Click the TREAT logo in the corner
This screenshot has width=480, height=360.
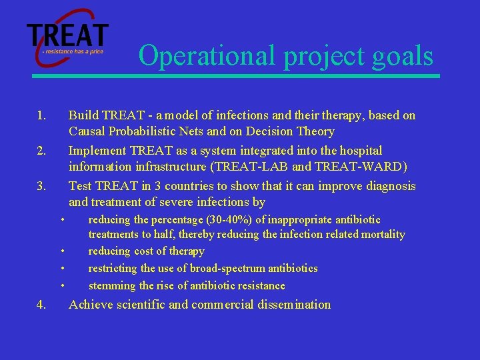[x=67, y=37]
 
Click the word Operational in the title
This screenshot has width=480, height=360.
[x=206, y=56]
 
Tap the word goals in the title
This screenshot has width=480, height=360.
[x=403, y=57]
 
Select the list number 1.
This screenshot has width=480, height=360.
[x=41, y=116]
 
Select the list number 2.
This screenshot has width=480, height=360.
[x=41, y=151]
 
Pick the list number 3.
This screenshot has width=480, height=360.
[x=41, y=186]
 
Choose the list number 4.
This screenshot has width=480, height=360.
[x=41, y=305]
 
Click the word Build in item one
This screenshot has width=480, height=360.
[x=83, y=115]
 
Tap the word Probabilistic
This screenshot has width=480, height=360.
[x=142, y=131]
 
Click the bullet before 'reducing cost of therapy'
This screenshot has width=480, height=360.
[x=63, y=251]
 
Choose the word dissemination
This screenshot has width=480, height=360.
[x=294, y=305]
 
